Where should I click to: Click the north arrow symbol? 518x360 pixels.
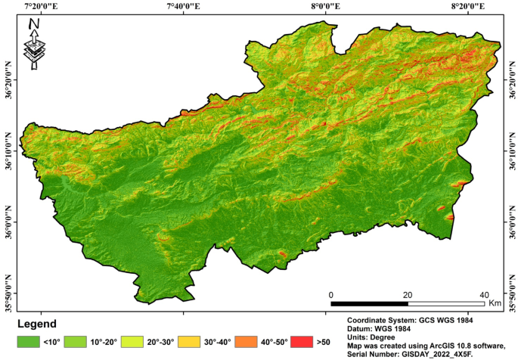point(34,45)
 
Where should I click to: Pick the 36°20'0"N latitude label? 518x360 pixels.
point(8,78)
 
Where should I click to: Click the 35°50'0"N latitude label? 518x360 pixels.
point(8,291)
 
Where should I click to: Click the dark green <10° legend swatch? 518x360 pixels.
point(29,342)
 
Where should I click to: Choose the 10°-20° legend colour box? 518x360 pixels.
point(76,342)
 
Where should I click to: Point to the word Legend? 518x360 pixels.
point(37,324)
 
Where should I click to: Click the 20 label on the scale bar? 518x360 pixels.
point(408,294)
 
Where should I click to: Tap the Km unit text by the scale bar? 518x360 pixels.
point(495,303)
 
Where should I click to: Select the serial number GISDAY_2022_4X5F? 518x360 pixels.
point(428,353)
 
